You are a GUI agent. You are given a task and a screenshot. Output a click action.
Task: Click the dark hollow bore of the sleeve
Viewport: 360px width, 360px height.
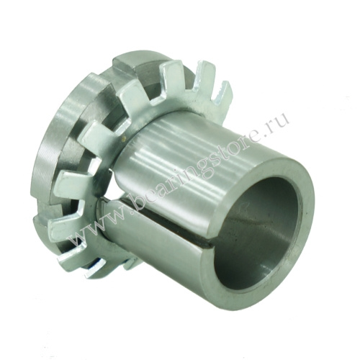click(x=259, y=230)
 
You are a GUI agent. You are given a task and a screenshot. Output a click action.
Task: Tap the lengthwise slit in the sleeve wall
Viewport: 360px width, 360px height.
click(x=153, y=216)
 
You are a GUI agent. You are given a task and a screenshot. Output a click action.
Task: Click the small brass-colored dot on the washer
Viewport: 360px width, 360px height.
click(x=124, y=138)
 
